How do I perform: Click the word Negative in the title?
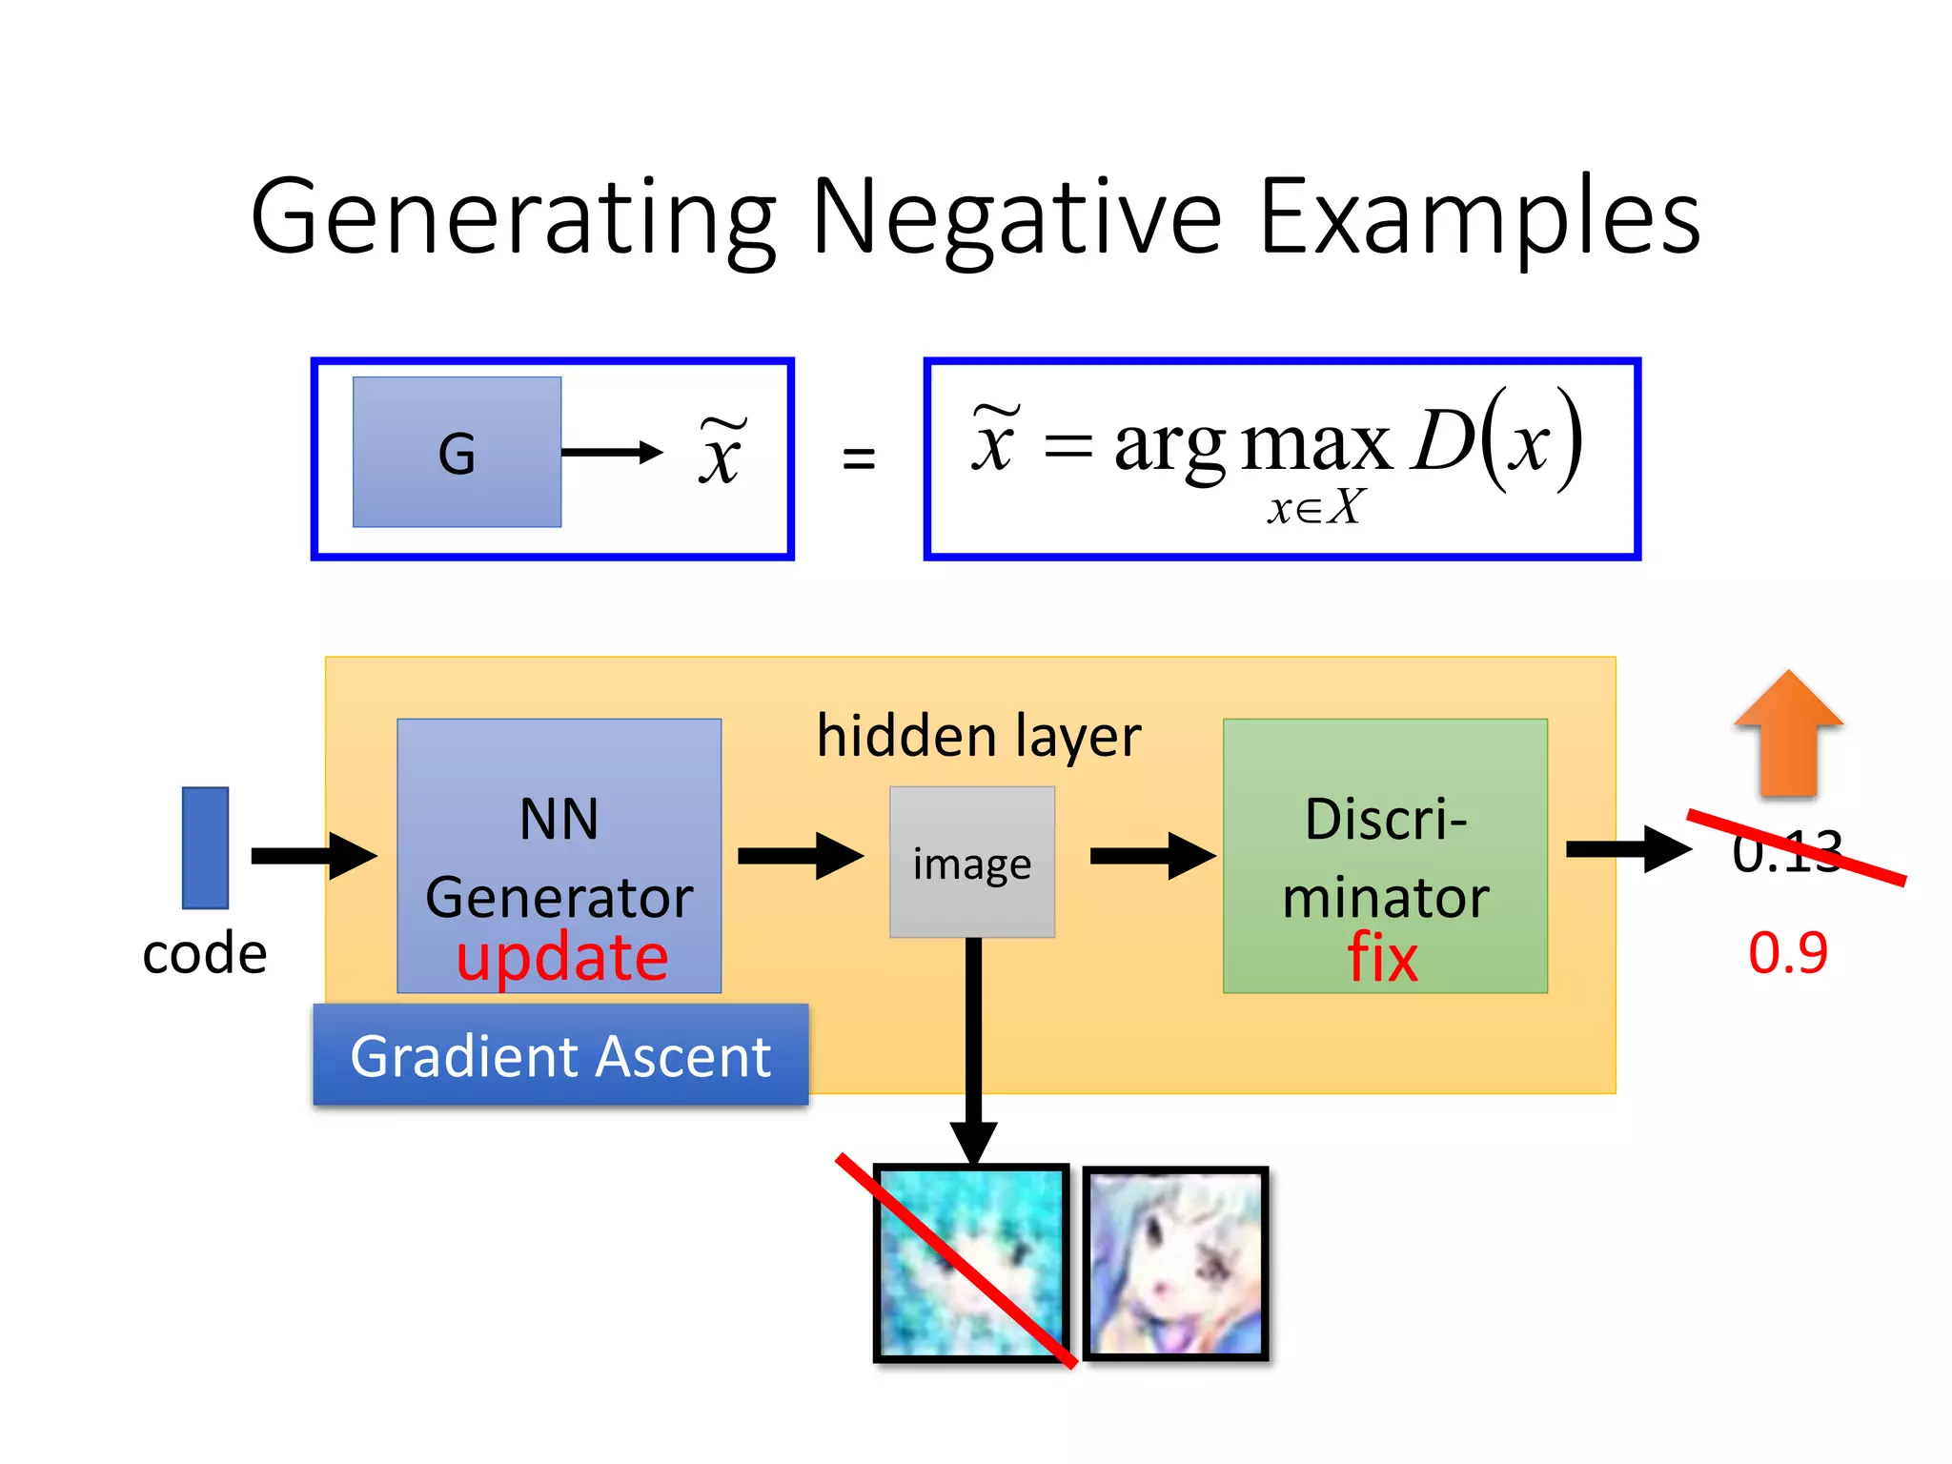[x=1016, y=219]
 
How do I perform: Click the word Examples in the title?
[x=1479, y=219]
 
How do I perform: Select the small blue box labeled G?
[x=457, y=452]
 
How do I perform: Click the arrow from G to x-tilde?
[x=611, y=452]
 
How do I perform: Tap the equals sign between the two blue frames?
[x=859, y=458]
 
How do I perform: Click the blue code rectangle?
[x=205, y=847]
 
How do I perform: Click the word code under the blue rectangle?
[x=205, y=953]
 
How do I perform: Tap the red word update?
[x=562, y=958]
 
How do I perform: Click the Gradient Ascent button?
[x=560, y=1055]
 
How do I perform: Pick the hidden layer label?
[x=979, y=737]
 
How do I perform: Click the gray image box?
[x=972, y=863]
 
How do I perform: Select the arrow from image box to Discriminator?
[x=1151, y=855]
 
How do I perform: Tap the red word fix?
[x=1382, y=958]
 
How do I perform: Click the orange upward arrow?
[x=1788, y=734]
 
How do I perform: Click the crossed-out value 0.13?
[x=1787, y=851]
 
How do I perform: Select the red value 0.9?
[x=1788, y=952]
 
